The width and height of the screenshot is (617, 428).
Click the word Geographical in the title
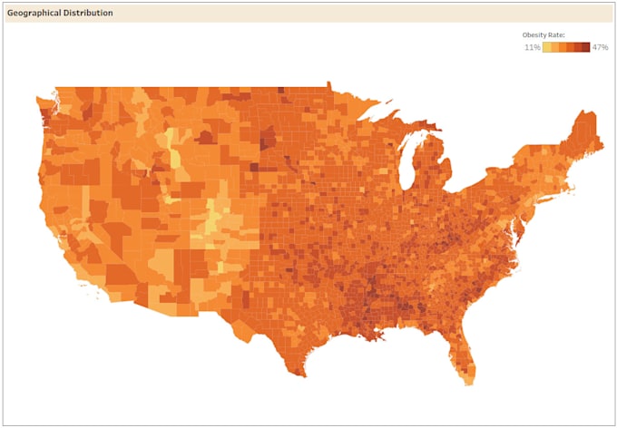pos(34,14)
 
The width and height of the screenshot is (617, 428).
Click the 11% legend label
pos(532,47)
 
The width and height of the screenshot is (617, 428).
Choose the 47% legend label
pos(600,47)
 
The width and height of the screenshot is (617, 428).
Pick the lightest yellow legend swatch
pos(546,47)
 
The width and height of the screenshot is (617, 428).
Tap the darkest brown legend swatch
pos(586,47)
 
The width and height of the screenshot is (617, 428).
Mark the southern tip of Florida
pos(469,382)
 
